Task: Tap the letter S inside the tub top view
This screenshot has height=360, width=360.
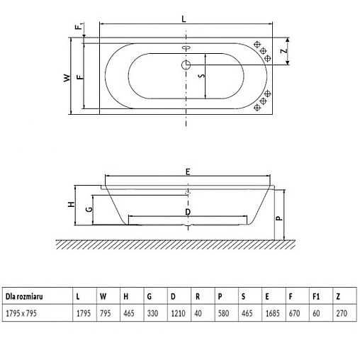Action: click(200, 76)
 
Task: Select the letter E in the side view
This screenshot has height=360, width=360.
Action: click(188, 171)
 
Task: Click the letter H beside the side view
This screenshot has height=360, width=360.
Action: click(71, 205)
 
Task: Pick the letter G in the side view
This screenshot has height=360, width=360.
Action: click(89, 210)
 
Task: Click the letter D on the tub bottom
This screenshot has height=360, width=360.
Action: click(187, 212)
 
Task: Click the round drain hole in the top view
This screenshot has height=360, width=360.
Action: click(186, 64)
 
